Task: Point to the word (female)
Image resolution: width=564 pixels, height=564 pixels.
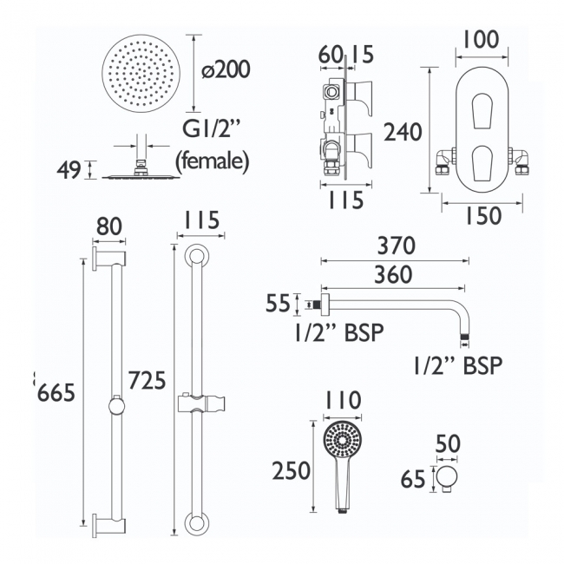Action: click(213, 161)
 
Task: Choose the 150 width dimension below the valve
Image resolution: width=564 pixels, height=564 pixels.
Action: click(482, 218)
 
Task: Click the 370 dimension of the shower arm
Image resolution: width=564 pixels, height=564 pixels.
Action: click(396, 246)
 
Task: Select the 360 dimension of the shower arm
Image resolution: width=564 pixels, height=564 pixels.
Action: click(396, 277)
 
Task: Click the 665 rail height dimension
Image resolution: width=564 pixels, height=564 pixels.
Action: click(56, 392)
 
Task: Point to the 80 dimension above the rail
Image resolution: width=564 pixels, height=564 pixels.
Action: click(109, 226)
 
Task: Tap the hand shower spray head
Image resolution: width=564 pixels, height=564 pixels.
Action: click(340, 443)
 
